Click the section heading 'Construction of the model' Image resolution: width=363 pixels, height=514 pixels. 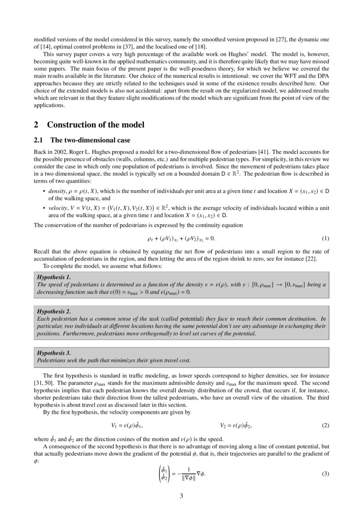95,125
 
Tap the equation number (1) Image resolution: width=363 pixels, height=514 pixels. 325,238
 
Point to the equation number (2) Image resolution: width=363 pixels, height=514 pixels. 325,426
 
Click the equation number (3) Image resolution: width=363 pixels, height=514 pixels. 325,474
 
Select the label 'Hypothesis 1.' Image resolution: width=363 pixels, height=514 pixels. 54,277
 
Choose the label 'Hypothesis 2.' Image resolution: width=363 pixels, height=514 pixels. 54,311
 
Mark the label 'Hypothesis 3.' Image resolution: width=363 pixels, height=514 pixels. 54,353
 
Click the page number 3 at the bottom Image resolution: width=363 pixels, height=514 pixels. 181,496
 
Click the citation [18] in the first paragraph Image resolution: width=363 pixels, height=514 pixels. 201,47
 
